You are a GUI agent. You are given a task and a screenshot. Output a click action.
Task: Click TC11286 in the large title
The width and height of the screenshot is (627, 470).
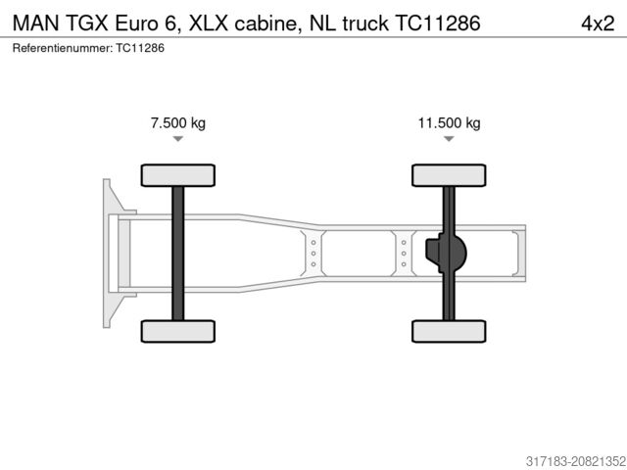436,22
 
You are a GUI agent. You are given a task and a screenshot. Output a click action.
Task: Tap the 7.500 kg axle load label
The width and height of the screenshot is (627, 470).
177,123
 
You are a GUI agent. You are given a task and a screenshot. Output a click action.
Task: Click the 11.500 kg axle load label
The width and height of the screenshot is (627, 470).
449,123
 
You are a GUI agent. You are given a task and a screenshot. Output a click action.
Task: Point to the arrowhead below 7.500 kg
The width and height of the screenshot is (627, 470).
177,139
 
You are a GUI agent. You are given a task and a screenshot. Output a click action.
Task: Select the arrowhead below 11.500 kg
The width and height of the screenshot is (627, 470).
449,139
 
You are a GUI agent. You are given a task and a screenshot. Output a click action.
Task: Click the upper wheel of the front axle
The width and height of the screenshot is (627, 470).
177,175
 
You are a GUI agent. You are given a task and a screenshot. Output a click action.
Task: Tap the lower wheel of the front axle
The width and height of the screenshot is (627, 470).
177,331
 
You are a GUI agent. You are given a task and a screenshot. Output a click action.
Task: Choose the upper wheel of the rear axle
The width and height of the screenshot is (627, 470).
449,175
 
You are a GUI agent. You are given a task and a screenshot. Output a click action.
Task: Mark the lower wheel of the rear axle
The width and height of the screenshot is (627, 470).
449,331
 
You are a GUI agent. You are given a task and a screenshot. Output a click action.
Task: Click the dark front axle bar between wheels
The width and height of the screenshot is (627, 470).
177,253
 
